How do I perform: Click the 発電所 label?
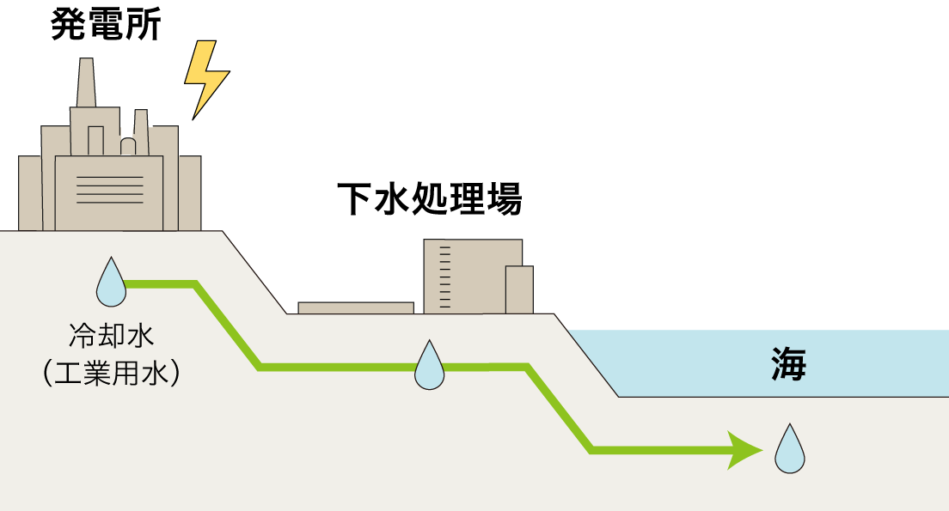[106, 24]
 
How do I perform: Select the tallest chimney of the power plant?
[86, 82]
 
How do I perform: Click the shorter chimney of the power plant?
[141, 132]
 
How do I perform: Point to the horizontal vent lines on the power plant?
[109, 190]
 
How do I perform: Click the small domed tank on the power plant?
[128, 146]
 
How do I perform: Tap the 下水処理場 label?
[429, 198]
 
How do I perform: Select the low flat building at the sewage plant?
[356, 307]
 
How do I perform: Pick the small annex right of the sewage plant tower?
[519, 289]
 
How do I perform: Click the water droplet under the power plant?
[112, 283]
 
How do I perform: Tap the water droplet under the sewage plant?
[429, 365]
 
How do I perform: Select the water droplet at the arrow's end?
[790, 448]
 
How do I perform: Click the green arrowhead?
[744, 451]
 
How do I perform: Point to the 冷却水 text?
[112, 336]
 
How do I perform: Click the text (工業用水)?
[112, 373]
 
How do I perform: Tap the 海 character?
[788, 364]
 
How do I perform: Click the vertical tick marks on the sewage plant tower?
[445, 277]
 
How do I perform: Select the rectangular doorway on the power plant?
[95, 141]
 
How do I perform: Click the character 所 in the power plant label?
[144, 25]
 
